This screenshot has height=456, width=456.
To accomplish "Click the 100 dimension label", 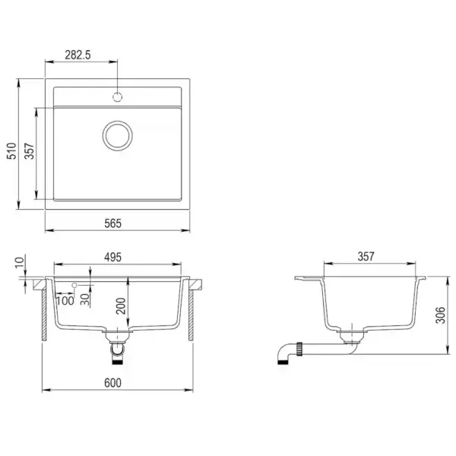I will pyautogui.click(x=65, y=300).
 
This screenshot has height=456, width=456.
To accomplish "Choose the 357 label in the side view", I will pyautogui.click(x=366, y=258).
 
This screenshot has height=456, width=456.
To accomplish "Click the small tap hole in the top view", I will pyautogui.click(x=117, y=97).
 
